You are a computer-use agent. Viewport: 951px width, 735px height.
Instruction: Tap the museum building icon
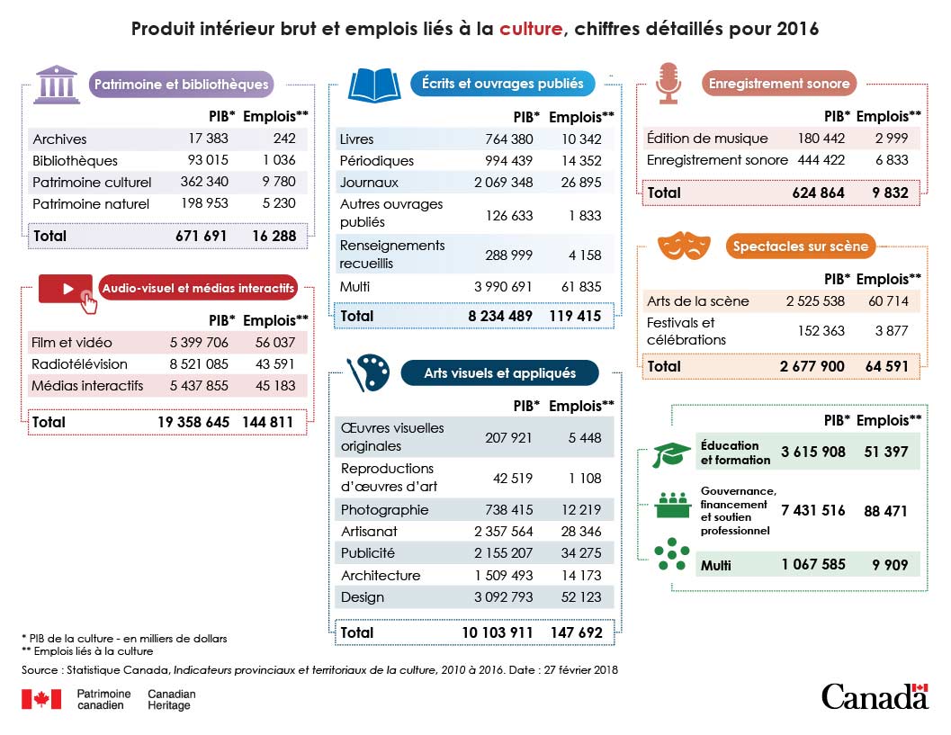click(x=56, y=84)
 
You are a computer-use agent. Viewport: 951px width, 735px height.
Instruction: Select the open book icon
click(x=374, y=85)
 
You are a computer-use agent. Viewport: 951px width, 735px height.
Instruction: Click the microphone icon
click(x=667, y=83)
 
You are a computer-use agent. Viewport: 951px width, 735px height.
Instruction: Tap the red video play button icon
click(x=68, y=291)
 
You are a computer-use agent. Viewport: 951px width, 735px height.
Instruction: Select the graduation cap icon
click(x=671, y=453)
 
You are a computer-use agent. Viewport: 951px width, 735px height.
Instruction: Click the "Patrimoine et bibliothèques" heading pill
click(x=181, y=85)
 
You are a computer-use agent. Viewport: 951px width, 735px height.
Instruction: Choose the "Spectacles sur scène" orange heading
click(x=800, y=246)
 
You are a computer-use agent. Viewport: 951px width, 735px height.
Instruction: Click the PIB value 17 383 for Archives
click(x=208, y=139)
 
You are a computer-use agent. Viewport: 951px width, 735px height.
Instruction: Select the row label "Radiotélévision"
click(x=80, y=364)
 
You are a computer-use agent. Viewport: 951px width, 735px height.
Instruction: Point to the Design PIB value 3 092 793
click(x=503, y=597)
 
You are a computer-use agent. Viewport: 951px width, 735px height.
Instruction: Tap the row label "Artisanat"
click(x=369, y=532)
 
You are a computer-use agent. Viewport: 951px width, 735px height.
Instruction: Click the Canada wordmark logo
click(x=874, y=695)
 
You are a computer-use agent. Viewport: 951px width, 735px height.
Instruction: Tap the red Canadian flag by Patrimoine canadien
click(x=41, y=700)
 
